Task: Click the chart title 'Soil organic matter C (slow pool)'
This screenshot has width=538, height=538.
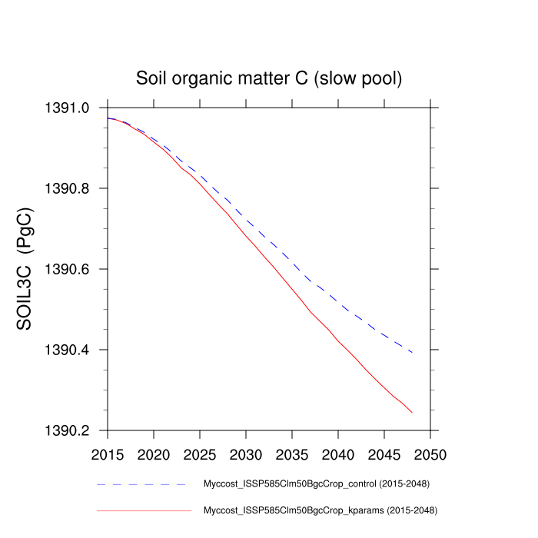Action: click(269, 78)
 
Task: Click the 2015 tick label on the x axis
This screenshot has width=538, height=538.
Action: click(108, 455)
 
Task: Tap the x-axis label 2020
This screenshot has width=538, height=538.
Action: click(154, 455)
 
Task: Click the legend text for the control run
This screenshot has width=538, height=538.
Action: click(315, 484)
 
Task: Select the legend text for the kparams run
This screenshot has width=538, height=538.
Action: click(320, 510)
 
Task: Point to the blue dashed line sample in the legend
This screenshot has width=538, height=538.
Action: click(142, 485)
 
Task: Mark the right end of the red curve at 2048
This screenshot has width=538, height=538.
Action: click(412, 413)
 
